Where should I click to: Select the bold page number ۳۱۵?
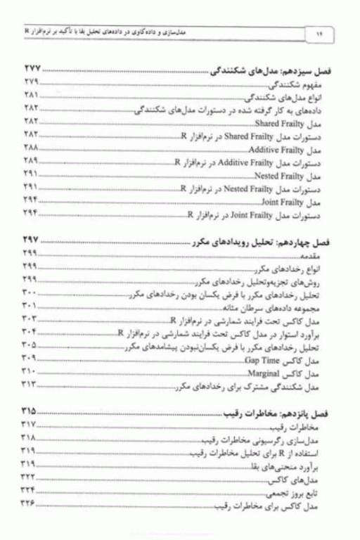click(x=31, y=409)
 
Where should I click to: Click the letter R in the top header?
click(x=27, y=32)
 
